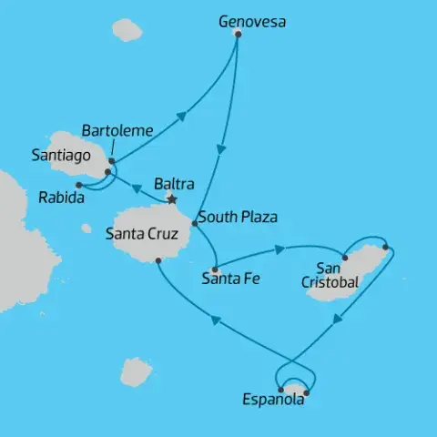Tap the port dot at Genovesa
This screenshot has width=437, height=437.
238,34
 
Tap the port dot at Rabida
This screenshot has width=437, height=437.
78,185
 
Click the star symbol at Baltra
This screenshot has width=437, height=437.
170,199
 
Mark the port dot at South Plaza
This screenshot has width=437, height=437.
194,222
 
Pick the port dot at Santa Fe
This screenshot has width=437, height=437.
214,269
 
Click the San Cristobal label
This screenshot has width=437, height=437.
329,275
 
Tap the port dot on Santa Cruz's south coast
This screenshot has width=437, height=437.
158,260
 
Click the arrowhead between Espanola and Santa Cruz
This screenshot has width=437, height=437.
215,319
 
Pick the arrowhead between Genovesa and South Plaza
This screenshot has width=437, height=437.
220,149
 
